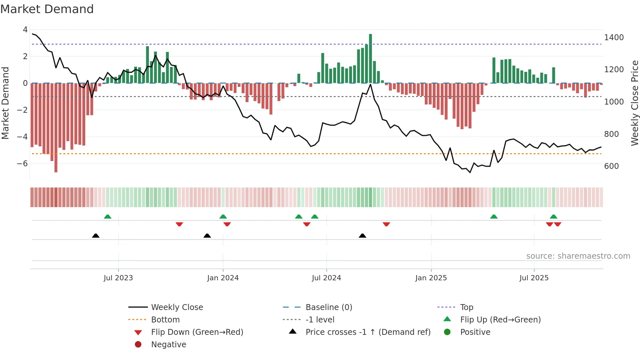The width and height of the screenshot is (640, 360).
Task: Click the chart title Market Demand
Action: [47, 9]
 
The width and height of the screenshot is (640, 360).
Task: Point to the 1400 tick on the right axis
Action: [614, 38]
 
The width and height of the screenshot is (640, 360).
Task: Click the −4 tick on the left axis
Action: [23, 137]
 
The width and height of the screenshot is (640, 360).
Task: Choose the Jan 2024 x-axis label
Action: [223, 278]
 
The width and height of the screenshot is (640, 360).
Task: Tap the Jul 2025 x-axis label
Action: [534, 278]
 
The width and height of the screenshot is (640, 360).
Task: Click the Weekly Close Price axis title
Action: [634, 103]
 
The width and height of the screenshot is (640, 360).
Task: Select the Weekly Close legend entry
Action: [177, 307]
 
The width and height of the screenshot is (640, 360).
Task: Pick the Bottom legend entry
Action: [165, 320]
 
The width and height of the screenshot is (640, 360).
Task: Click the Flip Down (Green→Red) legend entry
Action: [197, 332]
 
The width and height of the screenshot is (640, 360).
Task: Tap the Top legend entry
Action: [466, 307]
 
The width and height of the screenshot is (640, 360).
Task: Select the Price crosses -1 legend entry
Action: [368, 332]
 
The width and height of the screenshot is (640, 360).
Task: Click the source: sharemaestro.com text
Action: [578, 256]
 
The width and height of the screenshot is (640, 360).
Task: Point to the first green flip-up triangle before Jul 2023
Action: [107, 217]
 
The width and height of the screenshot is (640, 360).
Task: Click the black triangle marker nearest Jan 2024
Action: [207, 236]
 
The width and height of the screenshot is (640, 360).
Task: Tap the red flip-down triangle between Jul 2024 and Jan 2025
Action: [386, 224]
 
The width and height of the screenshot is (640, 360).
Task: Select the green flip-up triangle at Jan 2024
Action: [223, 217]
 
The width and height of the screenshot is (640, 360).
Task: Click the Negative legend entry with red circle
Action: [168, 345]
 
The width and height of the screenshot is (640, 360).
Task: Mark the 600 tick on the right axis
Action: [611, 166]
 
